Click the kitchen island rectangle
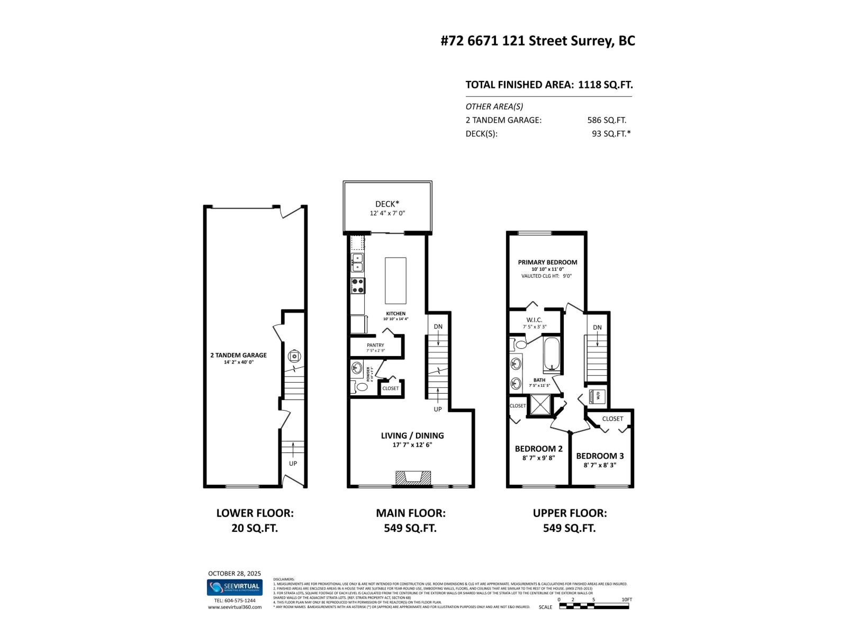tap(395, 280)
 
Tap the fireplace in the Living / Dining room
tap(411, 478)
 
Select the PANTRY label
tap(375, 345)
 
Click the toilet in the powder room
tap(362, 387)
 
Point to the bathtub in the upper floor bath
tap(552, 355)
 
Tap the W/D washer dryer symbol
tap(594, 395)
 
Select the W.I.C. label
tap(534, 320)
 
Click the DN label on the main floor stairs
tap(438, 326)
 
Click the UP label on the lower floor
tap(293, 463)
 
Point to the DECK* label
tap(388, 204)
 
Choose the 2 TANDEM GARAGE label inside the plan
tap(238, 355)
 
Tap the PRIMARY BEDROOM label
tap(547, 262)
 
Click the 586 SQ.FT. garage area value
tap(607, 120)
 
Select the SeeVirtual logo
tap(235, 587)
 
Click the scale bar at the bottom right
tap(594, 606)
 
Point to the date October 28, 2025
tap(235, 573)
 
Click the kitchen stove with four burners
tap(357, 286)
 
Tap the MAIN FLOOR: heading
tap(410, 513)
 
